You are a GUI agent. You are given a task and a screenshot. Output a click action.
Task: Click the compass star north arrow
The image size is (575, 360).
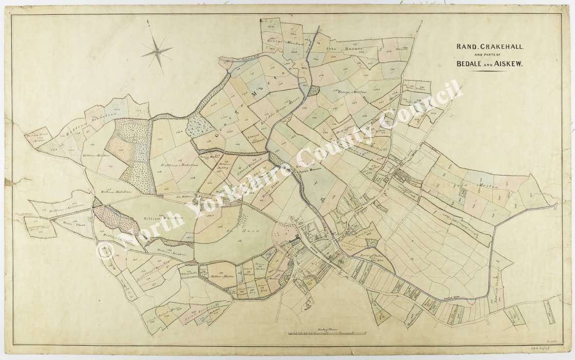tap(157, 50)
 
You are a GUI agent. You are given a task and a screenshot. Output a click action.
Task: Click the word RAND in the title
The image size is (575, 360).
tap(466, 47)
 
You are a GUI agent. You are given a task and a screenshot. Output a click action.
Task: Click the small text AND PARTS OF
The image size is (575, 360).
tap(490, 55)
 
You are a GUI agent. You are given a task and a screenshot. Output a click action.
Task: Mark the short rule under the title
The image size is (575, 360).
tap(490, 72)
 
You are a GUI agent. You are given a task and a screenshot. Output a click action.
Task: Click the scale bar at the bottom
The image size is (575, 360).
tap(327, 334)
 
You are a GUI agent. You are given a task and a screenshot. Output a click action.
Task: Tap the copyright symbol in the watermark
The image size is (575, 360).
tap(106, 251)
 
